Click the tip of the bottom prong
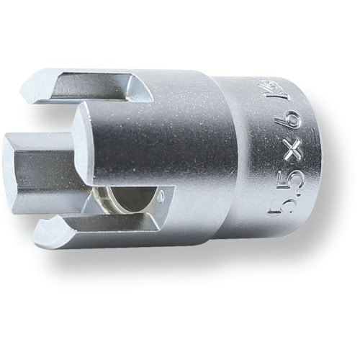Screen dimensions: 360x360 pos(45,232)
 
